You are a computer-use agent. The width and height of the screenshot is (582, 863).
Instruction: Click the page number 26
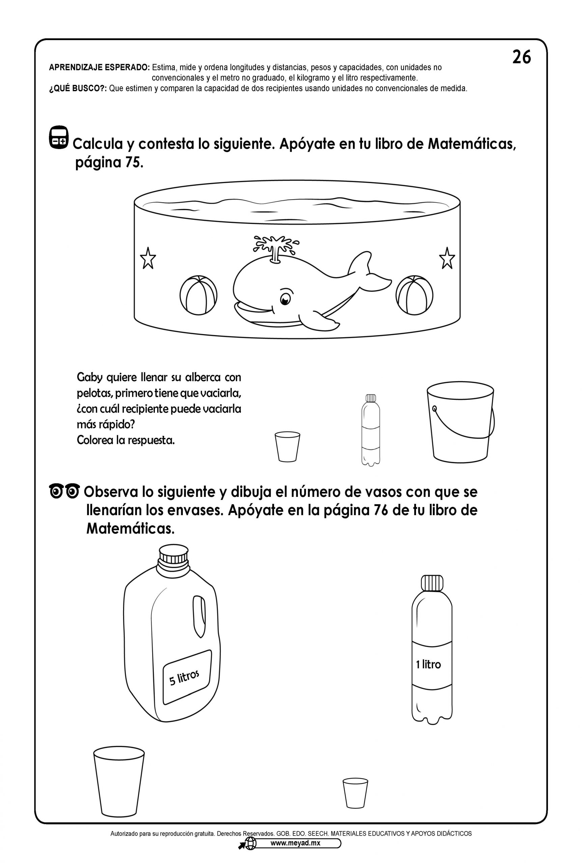point(522,57)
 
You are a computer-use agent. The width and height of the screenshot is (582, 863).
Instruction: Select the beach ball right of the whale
point(414,295)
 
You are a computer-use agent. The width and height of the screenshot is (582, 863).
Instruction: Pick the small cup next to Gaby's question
point(287,447)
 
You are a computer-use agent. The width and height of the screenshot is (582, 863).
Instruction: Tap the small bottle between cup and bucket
point(370,430)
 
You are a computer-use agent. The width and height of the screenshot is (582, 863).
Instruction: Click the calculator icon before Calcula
point(59,137)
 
